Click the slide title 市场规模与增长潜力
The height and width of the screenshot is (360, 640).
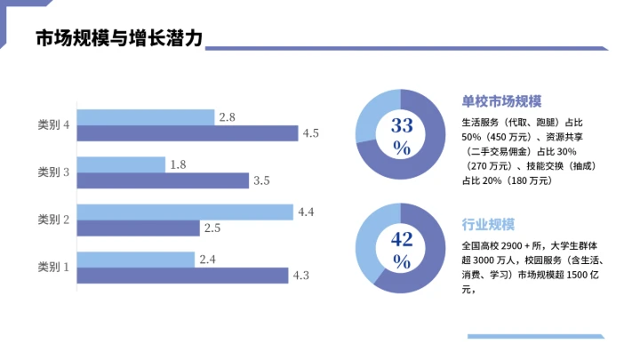click(x=119, y=40)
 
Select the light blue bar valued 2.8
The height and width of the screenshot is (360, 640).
click(x=146, y=117)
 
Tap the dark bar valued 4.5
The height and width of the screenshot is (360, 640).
click(x=188, y=133)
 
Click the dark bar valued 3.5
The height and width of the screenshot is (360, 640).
click(x=163, y=180)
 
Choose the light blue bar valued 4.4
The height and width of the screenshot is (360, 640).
click(x=185, y=212)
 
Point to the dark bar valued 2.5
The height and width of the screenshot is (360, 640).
click(x=138, y=228)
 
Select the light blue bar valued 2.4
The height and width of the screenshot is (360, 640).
click(x=136, y=260)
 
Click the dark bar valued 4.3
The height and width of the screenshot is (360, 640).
click(x=182, y=276)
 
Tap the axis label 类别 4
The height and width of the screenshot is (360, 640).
click(x=54, y=125)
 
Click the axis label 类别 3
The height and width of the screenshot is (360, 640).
click(x=54, y=172)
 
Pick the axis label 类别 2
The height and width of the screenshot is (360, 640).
click(x=54, y=220)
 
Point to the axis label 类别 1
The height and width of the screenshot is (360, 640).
click(x=54, y=267)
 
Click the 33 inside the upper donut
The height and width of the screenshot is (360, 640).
click(x=402, y=125)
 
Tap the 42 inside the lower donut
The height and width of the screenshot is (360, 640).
click(x=402, y=238)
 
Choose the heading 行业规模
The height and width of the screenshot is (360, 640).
click(x=488, y=223)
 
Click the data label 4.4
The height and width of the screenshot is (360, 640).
click(x=307, y=212)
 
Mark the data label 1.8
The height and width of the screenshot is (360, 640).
click(x=178, y=164)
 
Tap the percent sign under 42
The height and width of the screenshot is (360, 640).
click(x=402, y=261)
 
